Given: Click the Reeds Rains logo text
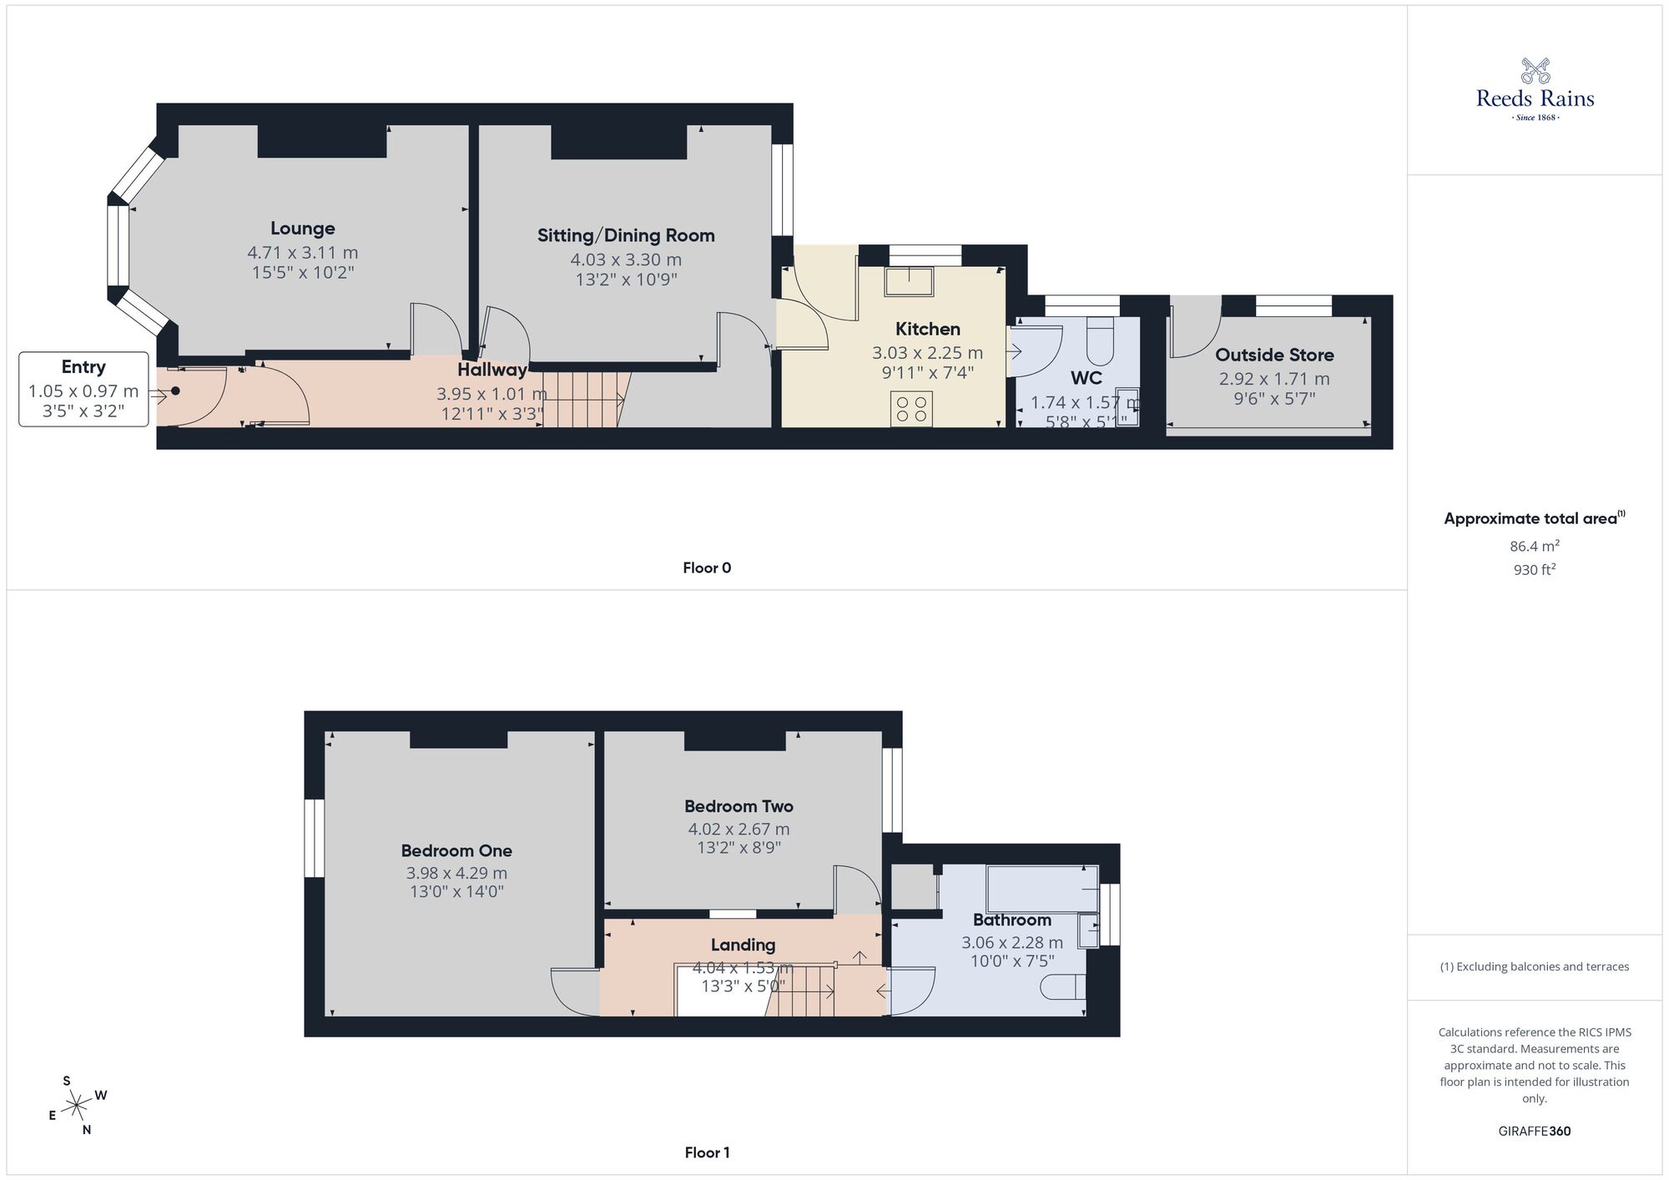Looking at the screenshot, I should [x=1535, y=99].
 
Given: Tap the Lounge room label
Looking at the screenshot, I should [x=302, y=229].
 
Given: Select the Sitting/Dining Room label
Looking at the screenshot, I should [x=626, y=235].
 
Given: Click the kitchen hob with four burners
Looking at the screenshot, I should [x=910, y=409].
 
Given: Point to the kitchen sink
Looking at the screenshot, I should [x=909, y=281].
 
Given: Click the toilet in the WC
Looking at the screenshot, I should [x=1100, y=341].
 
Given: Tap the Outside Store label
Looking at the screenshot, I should [x=1273, y=355].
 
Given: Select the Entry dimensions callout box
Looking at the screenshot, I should [x=83, y=390].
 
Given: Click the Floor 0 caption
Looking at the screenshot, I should [x=707, y=568].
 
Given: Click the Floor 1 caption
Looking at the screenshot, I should [x=707, y=1152].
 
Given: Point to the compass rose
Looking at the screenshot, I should [x=77, y=1107].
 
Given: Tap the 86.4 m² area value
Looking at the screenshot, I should [x=1534, y=547].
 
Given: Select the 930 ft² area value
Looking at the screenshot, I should [x=1534, y=570].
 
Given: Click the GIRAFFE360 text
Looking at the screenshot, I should [x=1534, y=1132].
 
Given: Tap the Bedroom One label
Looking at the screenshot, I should [x=456, y=851].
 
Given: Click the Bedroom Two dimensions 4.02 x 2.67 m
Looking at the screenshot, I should [x=739, y=829].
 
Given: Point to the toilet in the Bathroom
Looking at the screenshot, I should [x=1063, y=987].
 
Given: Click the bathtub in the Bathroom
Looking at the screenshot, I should [x=1041, y=890].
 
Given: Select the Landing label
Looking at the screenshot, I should [x=743, y=945].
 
